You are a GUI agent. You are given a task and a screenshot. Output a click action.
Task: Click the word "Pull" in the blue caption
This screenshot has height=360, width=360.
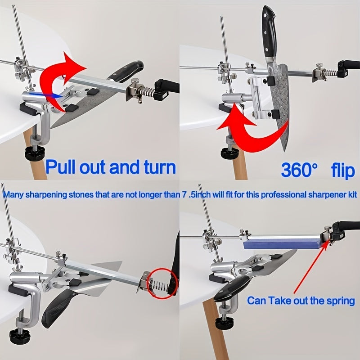(x=61, y=167)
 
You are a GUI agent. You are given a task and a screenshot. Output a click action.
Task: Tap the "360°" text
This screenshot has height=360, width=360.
(x=299, y=170)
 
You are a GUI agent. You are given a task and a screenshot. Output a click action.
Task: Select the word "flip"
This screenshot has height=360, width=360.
(x=343, y=170)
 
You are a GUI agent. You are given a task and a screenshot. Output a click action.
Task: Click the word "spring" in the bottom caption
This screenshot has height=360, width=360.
(x=341, y=301)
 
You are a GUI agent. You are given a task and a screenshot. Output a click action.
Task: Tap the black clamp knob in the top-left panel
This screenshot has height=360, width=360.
(x=35, y=153)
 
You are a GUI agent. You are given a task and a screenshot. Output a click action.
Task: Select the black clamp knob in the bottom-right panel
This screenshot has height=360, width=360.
(x=224, y=322)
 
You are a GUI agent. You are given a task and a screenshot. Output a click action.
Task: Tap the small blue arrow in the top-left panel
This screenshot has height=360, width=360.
(x=46, y=95)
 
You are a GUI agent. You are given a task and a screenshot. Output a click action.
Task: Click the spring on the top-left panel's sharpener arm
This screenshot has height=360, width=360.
(x=147, y=92)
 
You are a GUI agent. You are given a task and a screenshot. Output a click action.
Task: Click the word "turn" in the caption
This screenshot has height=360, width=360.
(x=160, y=167)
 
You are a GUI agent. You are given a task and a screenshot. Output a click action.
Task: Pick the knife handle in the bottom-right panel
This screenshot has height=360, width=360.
(x=231, y=288)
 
